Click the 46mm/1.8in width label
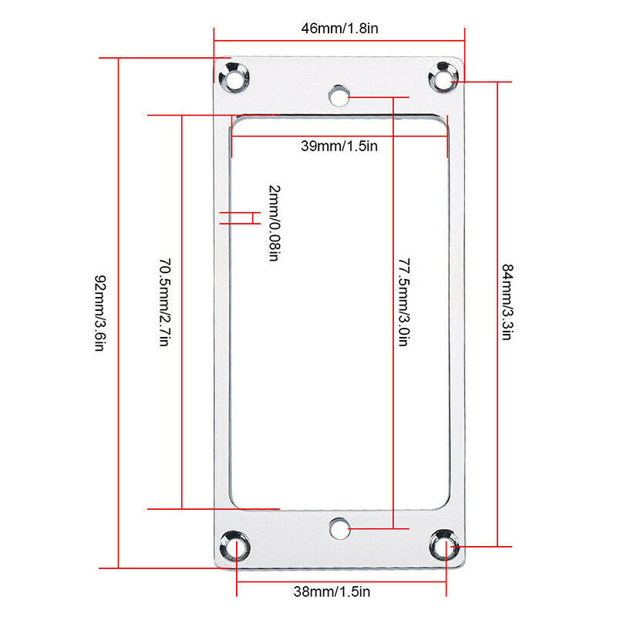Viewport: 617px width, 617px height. pyautogui.click(x=339, y=29)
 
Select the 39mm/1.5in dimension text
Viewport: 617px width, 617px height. pyautogui.click(x=339, y=146)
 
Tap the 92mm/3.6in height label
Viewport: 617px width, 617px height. pyautogui.click(x=100, y=313)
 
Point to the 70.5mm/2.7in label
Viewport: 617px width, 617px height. pyautogui.click(x=165, y=302)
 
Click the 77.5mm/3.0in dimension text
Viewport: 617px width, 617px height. pyautogui.click(x=404, y=302)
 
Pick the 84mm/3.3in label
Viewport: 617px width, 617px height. pyautogui.click(x=507, y=302)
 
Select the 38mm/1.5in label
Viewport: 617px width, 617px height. pyautogui.click(x=332, y=592)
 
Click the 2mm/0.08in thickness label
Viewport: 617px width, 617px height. pyautogui.click(x=275, y=223)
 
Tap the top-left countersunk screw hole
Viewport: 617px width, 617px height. pyautogui.click(x=234, y=78)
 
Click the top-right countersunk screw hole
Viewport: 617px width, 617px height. pyautogui.click(x=443, y=78)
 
